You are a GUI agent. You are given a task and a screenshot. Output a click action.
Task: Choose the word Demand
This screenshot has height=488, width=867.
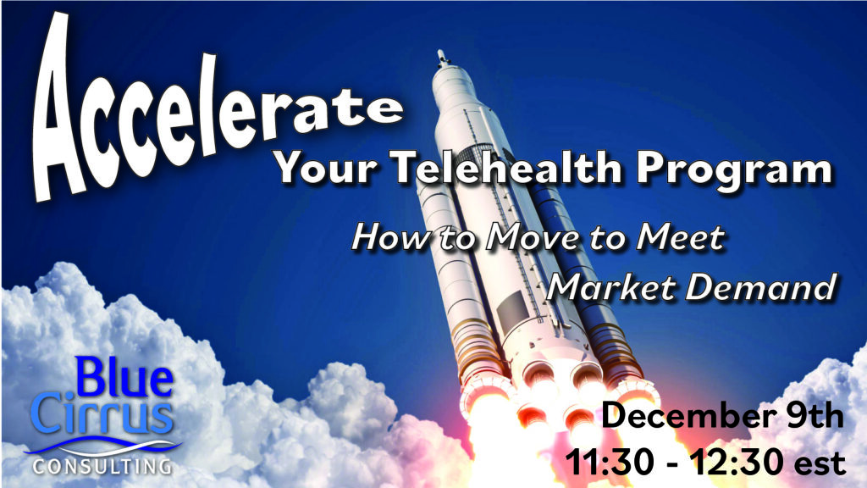[761, 287]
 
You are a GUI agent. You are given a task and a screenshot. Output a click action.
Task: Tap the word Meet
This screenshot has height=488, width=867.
[680, 237]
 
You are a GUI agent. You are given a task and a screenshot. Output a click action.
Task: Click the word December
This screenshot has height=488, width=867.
[689, 415]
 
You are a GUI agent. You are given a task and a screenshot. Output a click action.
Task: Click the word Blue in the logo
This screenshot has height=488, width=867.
[124, 377]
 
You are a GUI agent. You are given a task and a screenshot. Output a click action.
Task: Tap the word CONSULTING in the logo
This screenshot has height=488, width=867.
[102, 466]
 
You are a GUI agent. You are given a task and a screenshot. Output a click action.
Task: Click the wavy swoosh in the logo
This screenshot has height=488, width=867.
[102, 446]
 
